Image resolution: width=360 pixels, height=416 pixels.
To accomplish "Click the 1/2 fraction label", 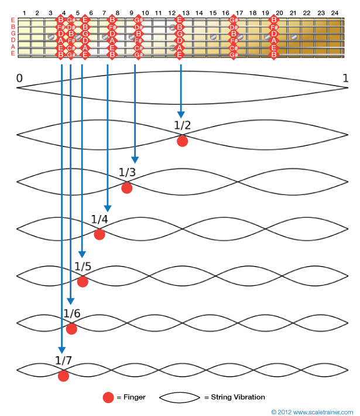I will [x=182, y=125].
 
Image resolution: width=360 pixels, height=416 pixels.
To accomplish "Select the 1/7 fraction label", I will [x=63, y=360].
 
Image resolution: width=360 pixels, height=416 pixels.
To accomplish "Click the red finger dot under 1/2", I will [x=182, y=141].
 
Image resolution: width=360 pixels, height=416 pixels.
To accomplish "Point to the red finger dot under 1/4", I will [x=99, y=234].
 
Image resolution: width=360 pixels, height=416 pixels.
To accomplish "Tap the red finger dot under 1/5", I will [x=83, y=281].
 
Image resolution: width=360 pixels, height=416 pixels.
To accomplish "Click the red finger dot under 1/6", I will [x=71, y=329].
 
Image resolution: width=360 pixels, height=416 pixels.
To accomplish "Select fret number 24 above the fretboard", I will [x=335, y=12].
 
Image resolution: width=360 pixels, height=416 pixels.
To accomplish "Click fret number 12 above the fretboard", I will [x=172, y=12].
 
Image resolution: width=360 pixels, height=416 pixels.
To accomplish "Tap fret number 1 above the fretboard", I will [x=24, y=12].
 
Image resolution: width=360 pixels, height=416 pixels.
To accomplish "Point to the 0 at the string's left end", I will [x=20, y=78].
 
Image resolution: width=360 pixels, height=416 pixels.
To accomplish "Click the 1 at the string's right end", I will [x=345, y=78].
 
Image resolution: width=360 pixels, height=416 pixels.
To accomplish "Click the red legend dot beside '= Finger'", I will [x=108, y=397].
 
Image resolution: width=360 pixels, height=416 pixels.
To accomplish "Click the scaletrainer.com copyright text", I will [x=313, y=411].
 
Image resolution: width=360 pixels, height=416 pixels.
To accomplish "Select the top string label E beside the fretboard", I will [x=12, y=21].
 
